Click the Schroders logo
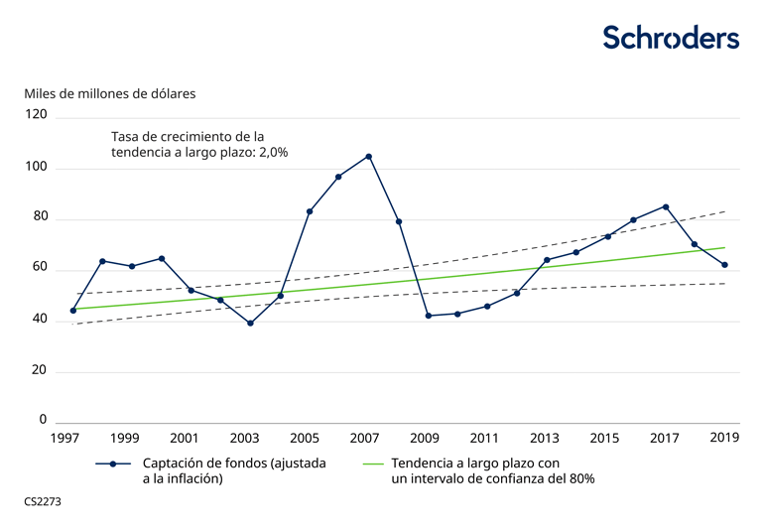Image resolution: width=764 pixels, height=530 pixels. pos(671,38)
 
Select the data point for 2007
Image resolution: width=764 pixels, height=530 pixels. pos(369,157)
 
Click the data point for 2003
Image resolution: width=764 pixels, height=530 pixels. pos(250,324)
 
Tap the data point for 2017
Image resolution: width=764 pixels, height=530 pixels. pos(666,206)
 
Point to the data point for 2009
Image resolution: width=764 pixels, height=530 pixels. pos(428,316)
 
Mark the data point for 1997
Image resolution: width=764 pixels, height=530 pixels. pos(72,311)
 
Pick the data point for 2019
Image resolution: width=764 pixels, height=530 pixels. pos(725,265)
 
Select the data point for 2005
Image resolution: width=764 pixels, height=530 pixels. pos(310,211)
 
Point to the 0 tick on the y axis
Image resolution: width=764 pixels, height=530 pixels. pos(43,420)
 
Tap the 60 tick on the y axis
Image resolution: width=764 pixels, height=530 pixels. pos(39,268)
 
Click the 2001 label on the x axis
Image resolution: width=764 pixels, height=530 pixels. pos(185,438)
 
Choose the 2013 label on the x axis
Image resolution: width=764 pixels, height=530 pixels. pos(544,438)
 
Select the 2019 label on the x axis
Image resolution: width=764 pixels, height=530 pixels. pos(725,438)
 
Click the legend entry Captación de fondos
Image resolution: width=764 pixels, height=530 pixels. pos(234,470)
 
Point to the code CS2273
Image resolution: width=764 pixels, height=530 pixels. pos(43,502)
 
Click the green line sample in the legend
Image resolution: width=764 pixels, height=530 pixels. pos(373,464)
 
